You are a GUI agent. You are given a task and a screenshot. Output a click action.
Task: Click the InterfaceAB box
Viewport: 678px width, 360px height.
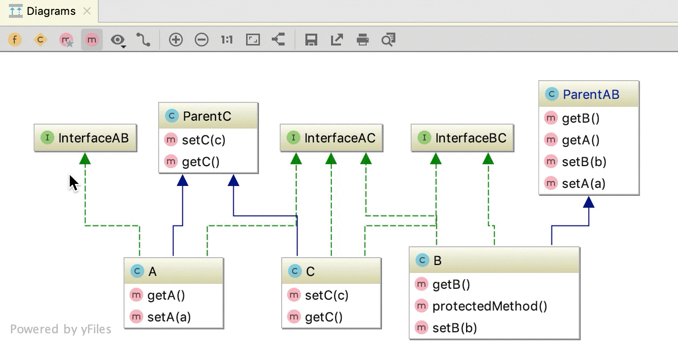click(x=85, y=138)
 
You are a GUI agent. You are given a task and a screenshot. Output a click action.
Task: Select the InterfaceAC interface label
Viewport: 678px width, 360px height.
click(x=339, y=138)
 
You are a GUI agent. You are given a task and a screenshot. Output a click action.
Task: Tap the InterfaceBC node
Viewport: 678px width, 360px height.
click(x=470, y=138)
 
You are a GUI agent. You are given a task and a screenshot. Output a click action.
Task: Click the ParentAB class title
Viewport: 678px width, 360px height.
click(x=591, y=94)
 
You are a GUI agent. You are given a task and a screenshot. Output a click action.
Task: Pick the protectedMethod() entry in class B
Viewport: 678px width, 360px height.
click(x=489, y=306)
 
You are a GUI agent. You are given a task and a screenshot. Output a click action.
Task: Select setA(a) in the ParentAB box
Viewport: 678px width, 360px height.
click(x=583, y=183)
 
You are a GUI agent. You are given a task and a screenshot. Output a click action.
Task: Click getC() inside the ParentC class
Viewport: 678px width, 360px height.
click(x=201, y=162)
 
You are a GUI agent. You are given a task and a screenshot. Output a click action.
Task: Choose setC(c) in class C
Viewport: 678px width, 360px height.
click(x=326, y=295)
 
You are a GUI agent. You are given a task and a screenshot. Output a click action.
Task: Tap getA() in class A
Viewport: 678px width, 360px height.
click(x=166, y=295)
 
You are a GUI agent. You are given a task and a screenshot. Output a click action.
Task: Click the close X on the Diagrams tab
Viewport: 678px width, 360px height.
click(x=87, y=11)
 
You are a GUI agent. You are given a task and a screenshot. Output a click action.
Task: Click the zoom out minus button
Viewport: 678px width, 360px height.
click(x=202, y=40)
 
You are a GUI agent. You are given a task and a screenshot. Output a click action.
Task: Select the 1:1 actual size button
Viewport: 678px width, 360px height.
click(x=227, y=40)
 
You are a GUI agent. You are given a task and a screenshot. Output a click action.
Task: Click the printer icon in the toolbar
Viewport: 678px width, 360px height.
click(x=363, y=40)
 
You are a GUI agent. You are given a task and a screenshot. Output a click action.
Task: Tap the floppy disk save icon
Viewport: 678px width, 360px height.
click(x=311, y=40)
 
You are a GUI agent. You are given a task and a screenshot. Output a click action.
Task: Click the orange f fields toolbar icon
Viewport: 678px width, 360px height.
click(x=15, y=40)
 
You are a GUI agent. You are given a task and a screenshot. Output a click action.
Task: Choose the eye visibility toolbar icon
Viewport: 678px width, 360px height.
click(x=118, y=40)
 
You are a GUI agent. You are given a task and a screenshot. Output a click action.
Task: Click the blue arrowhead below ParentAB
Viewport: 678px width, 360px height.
click(x=589, y=202)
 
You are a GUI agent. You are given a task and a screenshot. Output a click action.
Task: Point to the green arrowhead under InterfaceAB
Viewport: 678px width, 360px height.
click(x=85, y=158)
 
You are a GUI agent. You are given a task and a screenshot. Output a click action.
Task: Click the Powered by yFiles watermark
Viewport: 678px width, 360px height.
click(x=60, y=329)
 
